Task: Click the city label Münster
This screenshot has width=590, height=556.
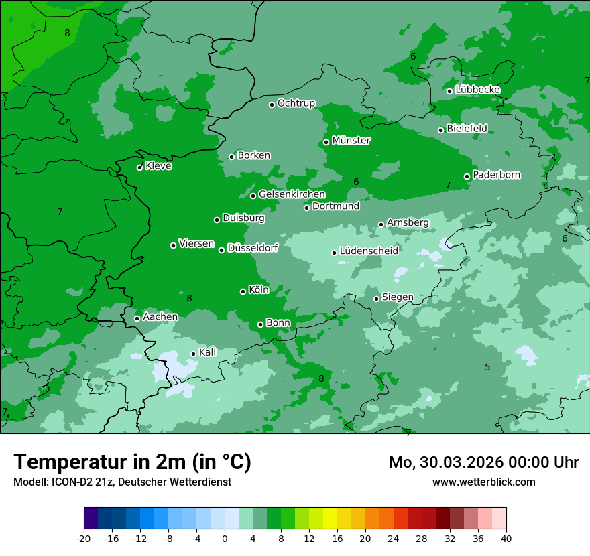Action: [x=351, y=141]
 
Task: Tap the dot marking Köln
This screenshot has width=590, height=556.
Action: [x=243, y=291]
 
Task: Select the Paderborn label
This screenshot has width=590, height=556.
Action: [x=496, y=175]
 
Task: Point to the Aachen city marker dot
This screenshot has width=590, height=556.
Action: [x=137, y=318]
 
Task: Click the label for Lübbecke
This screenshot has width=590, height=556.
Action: [x=477, y=90]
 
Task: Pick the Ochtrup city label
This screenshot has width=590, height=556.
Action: [x=296, y=103]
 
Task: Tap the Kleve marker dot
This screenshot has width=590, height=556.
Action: [x=139, y=167]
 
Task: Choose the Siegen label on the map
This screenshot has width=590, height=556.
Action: [x=398, y=297]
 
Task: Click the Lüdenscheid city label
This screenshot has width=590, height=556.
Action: [x=369, y=251]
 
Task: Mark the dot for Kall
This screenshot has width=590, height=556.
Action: [x=193, y=354]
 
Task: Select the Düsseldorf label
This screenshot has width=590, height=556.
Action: [x=252, y=248]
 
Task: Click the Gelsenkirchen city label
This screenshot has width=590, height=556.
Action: [x=292, y=194]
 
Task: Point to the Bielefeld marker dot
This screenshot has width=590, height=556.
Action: [x=440, y=130]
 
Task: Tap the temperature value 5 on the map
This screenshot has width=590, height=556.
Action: [x=487, y=367]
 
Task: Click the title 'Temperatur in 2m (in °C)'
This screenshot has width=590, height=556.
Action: [x=132, y=462]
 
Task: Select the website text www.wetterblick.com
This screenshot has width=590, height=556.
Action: [x=483, y=482]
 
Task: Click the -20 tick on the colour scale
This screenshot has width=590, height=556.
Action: [x=84, y=538]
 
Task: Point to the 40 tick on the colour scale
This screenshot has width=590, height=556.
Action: [x=506, y=538]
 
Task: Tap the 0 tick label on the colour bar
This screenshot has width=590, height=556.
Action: [x=225, y=538]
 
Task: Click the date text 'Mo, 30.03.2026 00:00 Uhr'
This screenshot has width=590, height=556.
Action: [x=483, y=462]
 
